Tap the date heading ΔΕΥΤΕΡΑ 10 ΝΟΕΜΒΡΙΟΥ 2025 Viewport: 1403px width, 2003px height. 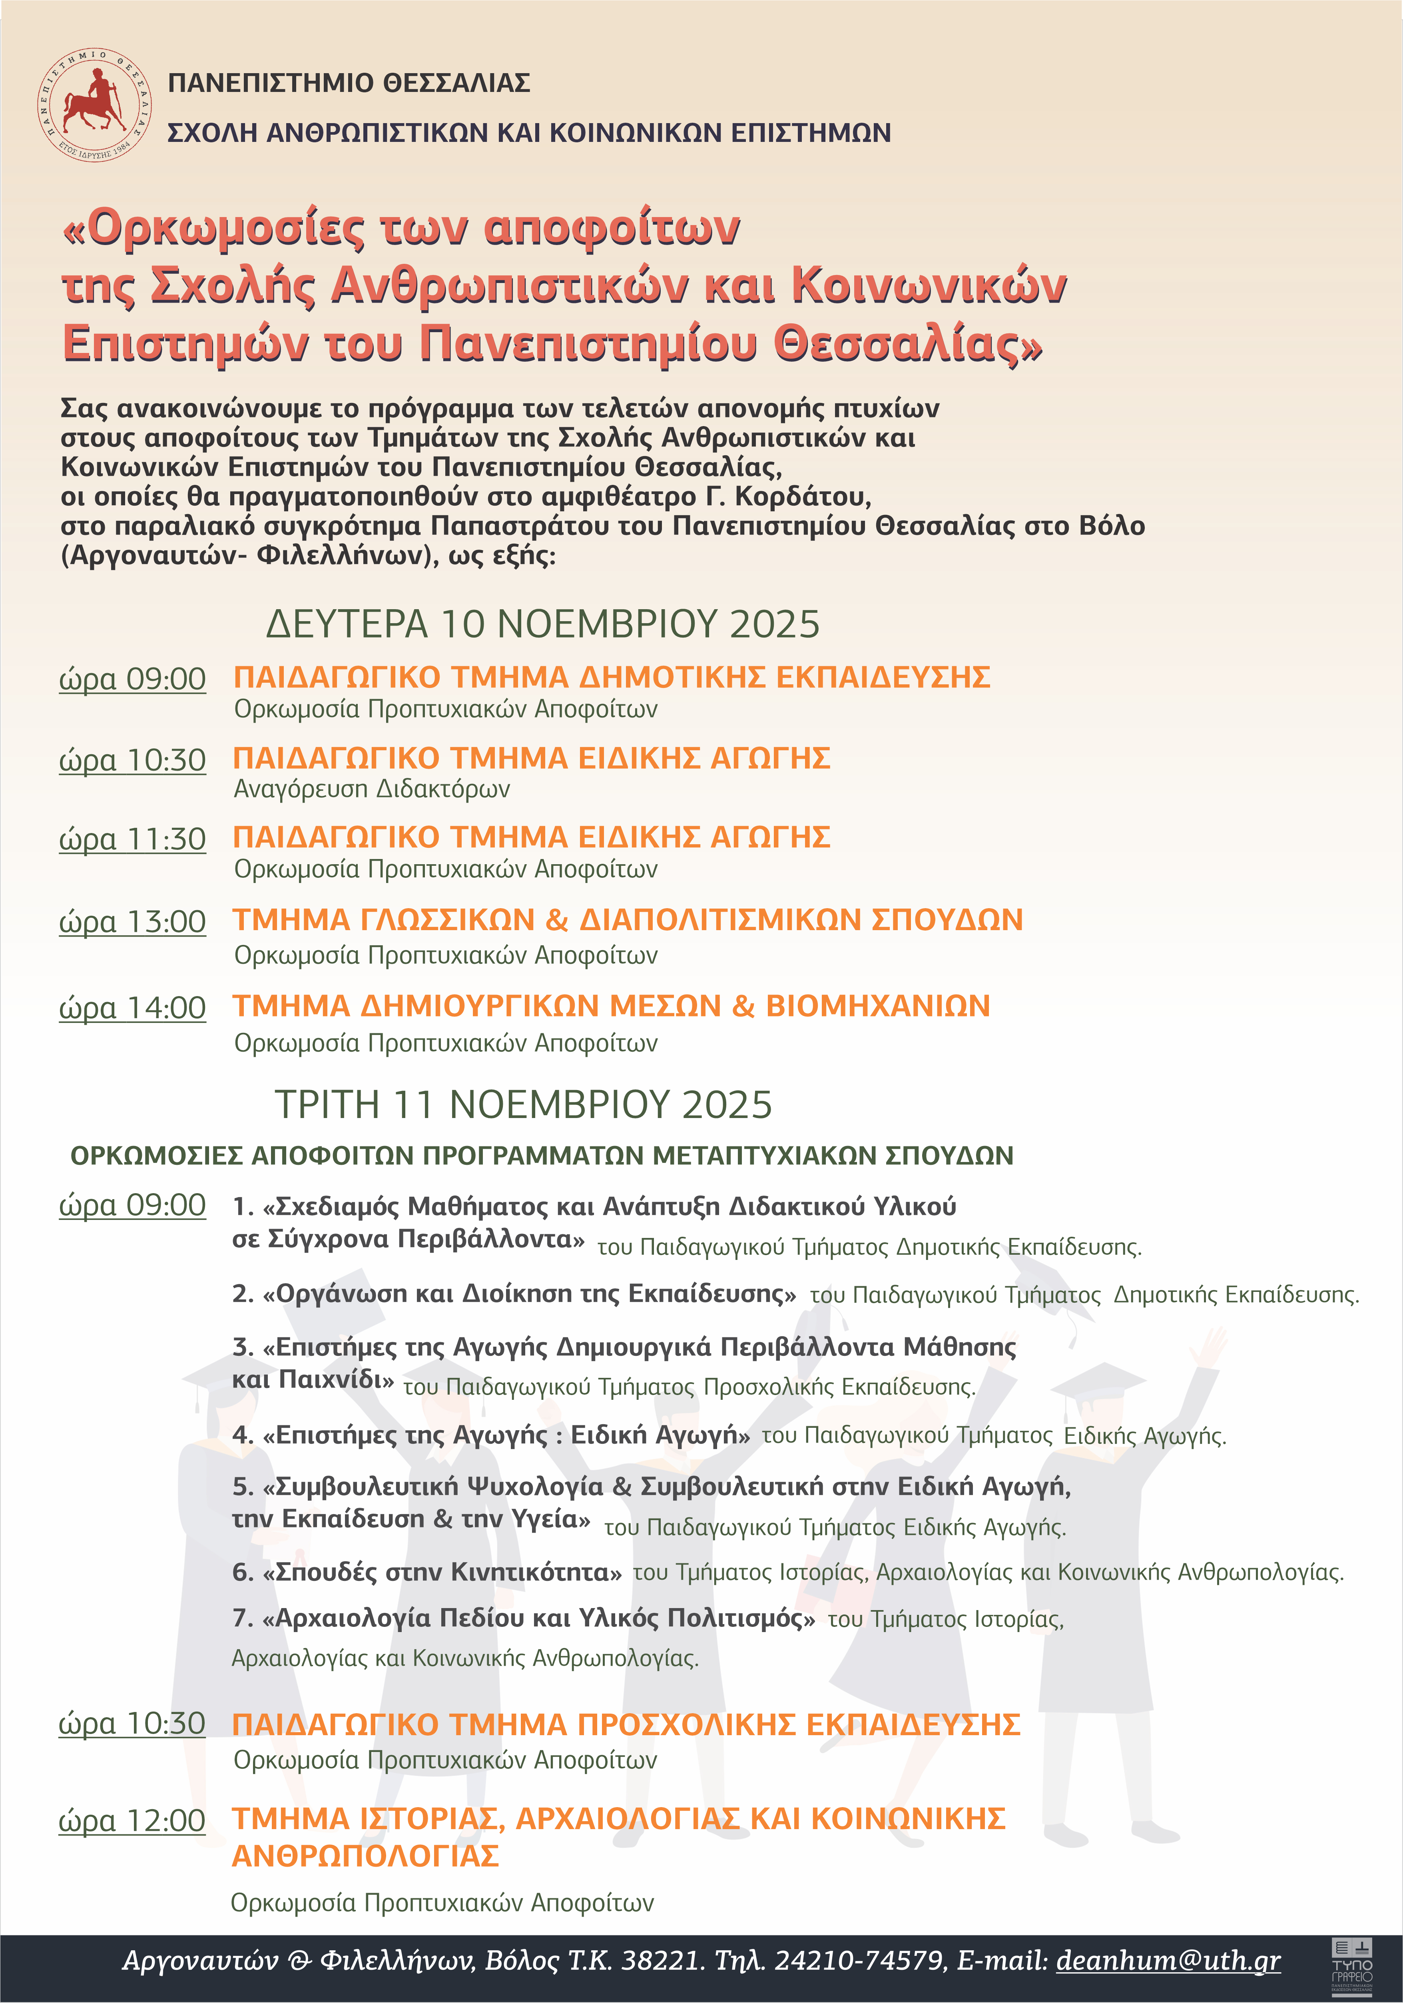click(x=543, y=625)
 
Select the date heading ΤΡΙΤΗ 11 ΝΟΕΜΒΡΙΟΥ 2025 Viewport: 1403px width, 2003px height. click(x=524, y=1104)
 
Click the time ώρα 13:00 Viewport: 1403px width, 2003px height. click(x=133, y=921)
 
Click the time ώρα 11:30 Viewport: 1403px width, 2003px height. click(x=133, y=839)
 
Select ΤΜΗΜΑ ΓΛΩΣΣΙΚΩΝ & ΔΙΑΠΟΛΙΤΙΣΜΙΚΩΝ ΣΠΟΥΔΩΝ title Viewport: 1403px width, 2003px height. click(x=627, y=919)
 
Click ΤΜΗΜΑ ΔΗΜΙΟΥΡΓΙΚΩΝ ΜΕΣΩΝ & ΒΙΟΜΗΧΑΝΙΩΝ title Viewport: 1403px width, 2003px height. click(x=611, y=1006)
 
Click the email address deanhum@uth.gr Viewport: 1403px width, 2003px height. click(x=1168, y=1960)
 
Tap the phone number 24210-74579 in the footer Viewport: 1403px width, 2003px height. click(x=859, y=1960)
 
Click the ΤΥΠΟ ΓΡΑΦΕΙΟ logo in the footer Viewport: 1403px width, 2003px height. click(x=1351, y=1966)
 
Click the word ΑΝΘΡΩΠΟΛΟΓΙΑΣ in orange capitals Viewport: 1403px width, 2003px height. click(x=366, y=1856)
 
